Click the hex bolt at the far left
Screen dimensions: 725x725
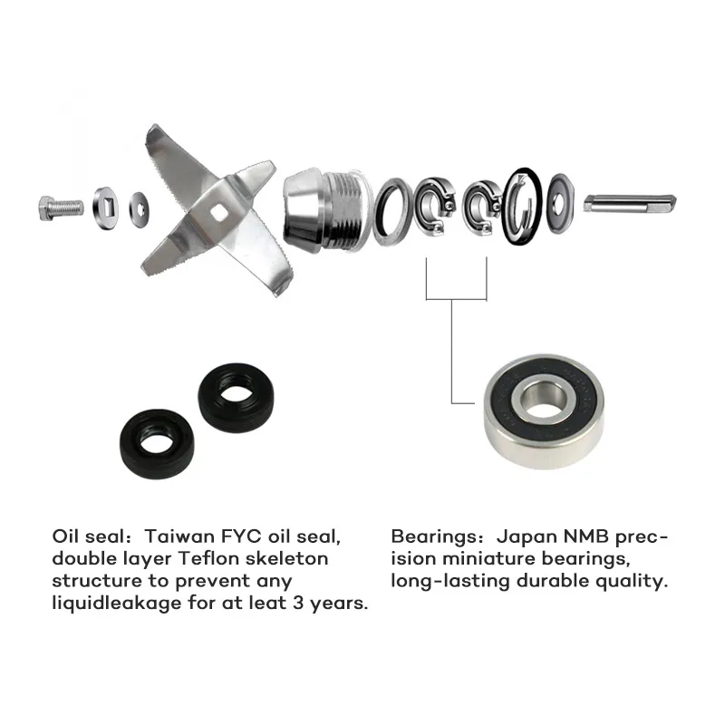pyautogui.click(x=61, y=208)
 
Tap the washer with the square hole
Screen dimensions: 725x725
pyautogui.click(x=105, y=208)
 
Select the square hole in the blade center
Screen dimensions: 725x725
pyautogui.click(x=217, y=214)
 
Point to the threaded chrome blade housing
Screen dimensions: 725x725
pyautogui.click(x=327, y=209)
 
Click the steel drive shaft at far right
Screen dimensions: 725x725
pyautogui.click(x=630, y=203)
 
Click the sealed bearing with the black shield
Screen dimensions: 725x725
pyautogui.click(x=544, y=411)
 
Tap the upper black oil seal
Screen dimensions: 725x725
pyautogui.click(x=236, y=398)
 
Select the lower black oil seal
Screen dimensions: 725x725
pyautogui.click(x=157, y=444)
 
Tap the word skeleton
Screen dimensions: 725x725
pyautogui.click(x=286, y=558)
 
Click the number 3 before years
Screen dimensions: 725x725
pyautogui.click(x=297, y=604)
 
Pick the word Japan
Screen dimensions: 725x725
pyautogui.click(x=527, y=536)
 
